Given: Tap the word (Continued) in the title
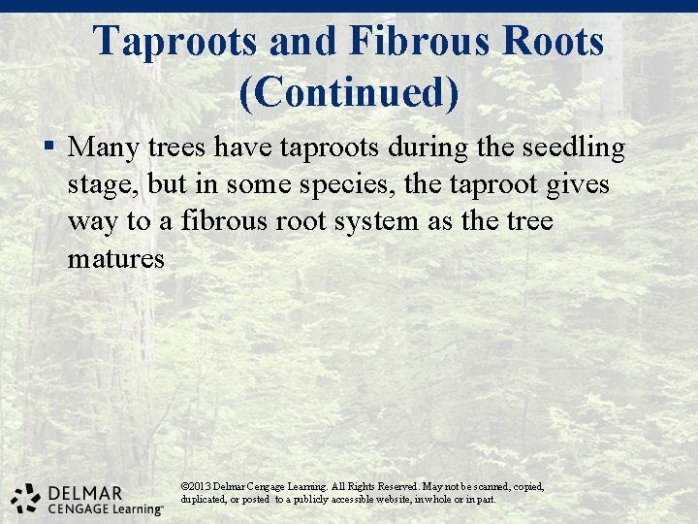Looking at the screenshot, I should click(348, 92).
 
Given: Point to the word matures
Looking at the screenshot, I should click(116, 259).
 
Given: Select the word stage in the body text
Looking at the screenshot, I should click(100, 185).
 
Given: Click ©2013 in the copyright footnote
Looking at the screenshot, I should click(195, 485).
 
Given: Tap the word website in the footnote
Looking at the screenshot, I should click(380, 499).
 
